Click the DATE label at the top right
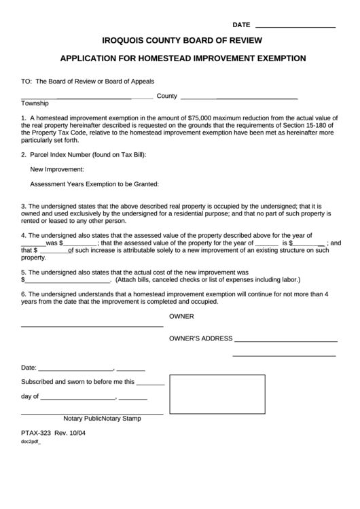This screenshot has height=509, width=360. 241,24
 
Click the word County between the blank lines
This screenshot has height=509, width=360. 166,96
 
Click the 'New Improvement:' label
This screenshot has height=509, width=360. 57,169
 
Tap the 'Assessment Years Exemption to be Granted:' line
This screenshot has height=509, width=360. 94,183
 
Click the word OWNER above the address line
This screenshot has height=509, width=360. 181,317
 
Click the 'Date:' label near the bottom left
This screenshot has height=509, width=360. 29,368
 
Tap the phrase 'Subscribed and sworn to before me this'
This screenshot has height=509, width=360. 78,382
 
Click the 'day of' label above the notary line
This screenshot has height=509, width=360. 30,396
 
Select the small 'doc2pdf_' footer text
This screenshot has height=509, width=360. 31,442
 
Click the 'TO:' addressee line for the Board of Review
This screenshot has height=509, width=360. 88,81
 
